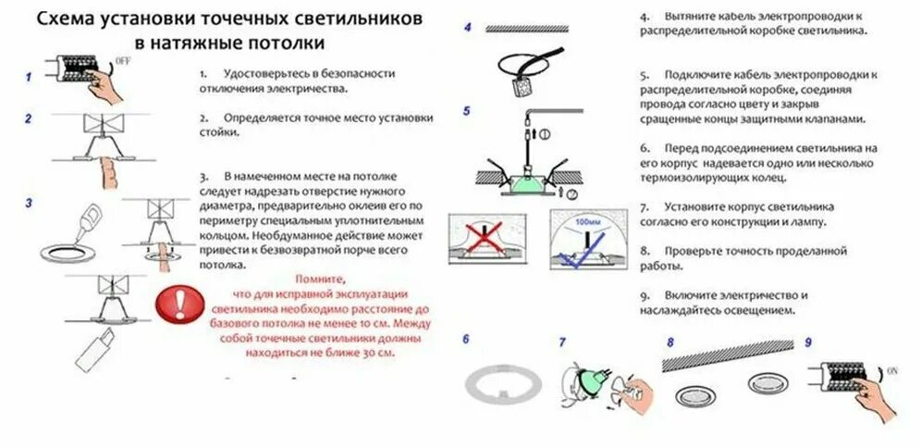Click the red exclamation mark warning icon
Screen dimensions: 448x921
coord(177,303)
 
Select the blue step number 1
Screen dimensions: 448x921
coord(29,78)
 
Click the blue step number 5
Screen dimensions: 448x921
coord(467,111)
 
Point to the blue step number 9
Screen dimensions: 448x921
coord(807,341)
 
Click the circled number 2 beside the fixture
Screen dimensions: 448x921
coord(571,193)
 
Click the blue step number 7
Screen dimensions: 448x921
coord(561,342)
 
